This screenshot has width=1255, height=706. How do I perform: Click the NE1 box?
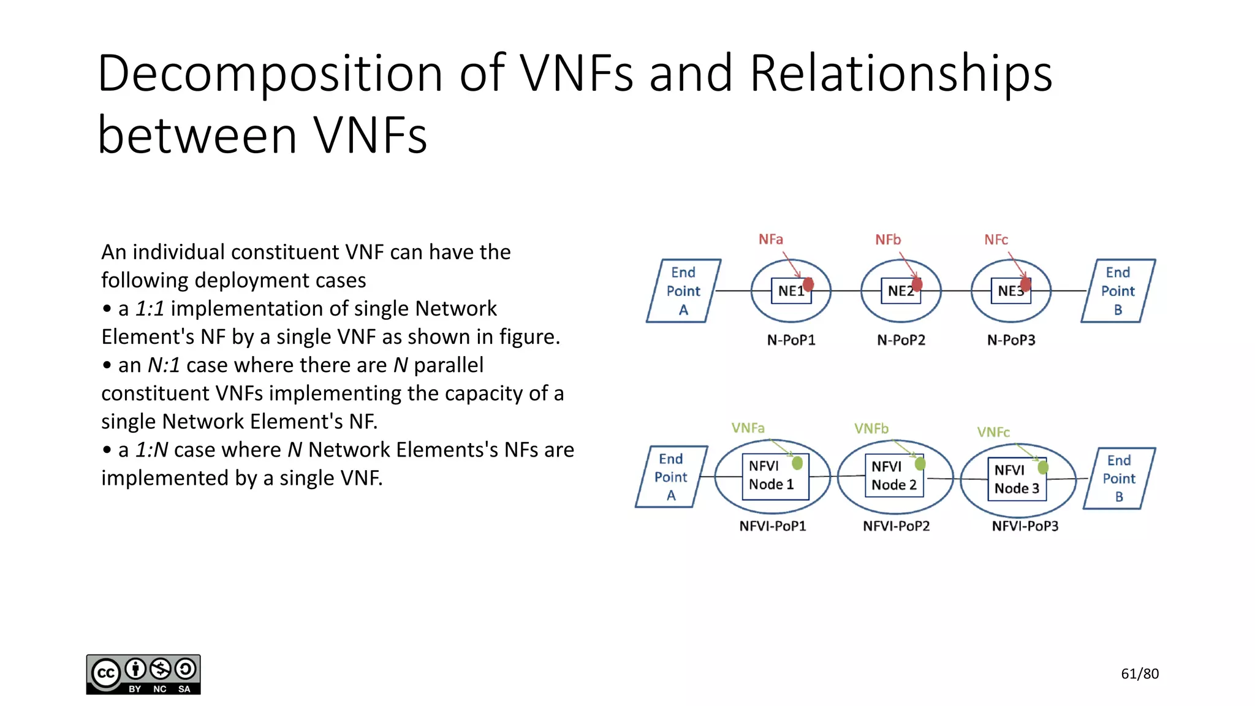pos(790,291)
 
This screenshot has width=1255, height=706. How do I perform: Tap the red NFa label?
pos(770,239)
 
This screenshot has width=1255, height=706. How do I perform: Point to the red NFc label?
pos(996,240)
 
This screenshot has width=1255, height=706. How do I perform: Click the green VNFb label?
pos(871,428)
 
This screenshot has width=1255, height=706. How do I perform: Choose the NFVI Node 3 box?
pos(1017,479)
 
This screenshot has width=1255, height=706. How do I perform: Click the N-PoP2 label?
pos(901,340)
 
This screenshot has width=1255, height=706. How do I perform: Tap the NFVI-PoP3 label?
pos(1025,526)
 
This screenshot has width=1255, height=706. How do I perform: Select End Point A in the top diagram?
pos(683,291)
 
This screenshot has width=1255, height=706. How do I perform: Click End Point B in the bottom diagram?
pos(1119,478)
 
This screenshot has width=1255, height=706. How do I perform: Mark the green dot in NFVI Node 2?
pos(920,464)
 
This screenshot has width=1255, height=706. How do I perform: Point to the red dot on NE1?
pos(808,284)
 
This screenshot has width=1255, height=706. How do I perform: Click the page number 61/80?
pos(1139,674)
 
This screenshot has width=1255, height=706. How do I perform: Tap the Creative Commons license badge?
pos(143,674)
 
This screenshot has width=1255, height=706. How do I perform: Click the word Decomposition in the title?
pos(270,74)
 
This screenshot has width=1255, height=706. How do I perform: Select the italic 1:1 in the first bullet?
pos(150,309)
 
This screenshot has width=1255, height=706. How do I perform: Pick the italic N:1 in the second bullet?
pos(164,365)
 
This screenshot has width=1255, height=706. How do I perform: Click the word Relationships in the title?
pos(900,74)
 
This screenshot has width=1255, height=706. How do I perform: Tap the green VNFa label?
pos(748,428)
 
